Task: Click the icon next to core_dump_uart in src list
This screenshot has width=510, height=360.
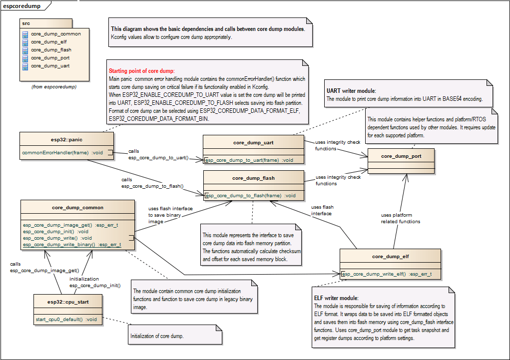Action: (25, 66)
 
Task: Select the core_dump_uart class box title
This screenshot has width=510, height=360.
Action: (253, 142)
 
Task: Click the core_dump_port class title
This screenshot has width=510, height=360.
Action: (401, 156)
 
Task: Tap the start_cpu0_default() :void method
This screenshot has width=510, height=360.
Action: (66, 319)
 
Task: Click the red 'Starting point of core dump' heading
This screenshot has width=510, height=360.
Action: (141, 71)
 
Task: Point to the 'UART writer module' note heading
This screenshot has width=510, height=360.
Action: (351, 91)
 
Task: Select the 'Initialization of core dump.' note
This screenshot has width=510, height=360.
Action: (157, 336)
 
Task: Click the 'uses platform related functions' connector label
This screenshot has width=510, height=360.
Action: (401, 218)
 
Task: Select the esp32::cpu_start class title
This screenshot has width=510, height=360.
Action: (68, 302)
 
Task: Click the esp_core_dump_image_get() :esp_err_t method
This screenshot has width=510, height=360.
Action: (70, 225)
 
